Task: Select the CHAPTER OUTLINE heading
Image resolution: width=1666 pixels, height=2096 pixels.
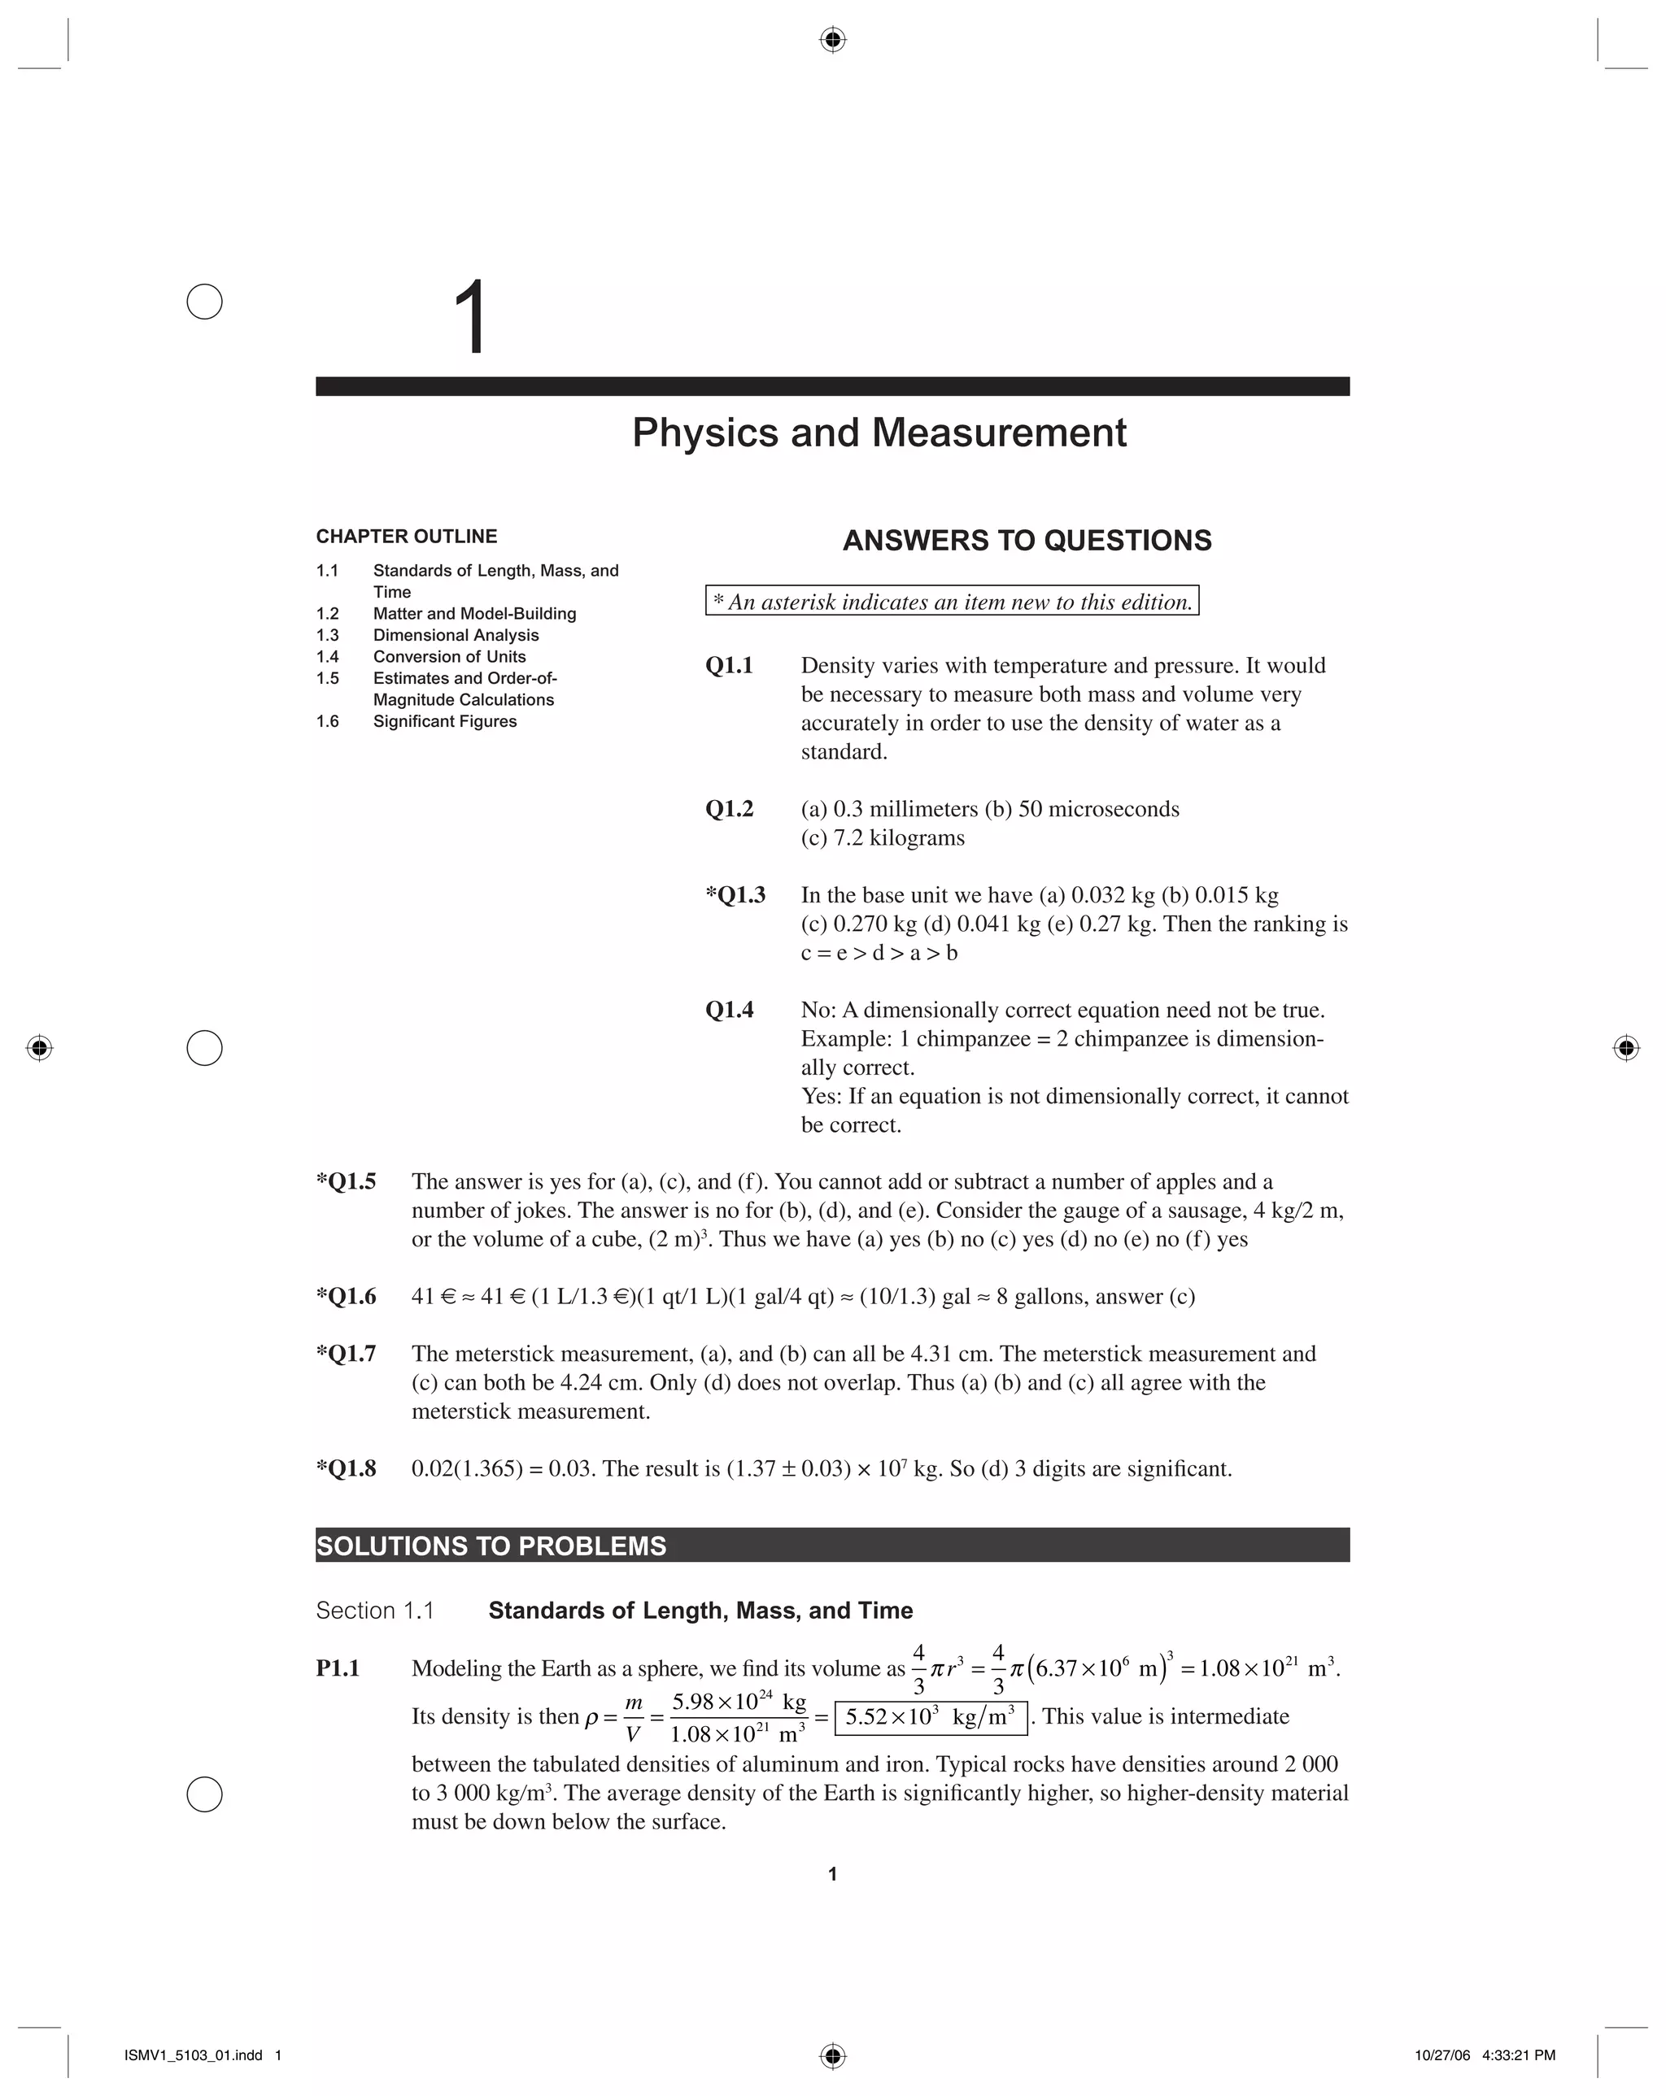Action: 407,537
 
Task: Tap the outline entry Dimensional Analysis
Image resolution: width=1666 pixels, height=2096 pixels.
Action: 456,635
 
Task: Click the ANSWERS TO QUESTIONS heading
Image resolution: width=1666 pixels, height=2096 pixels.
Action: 1027,541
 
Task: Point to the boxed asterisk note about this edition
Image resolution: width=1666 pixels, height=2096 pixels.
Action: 952,602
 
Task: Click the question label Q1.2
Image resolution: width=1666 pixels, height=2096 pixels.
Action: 730,809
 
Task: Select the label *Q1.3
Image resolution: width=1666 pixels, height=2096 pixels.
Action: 735,894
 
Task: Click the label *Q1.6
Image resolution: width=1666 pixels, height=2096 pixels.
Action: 347,1296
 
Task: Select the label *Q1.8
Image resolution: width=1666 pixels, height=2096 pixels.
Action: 347,1468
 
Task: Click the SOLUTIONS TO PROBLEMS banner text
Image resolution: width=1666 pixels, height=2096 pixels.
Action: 492,1546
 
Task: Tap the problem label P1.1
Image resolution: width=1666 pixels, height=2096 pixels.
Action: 338,1668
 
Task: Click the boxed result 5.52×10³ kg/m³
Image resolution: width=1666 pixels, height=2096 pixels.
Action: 931,1717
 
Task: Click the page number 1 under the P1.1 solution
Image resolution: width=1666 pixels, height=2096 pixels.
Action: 832,1874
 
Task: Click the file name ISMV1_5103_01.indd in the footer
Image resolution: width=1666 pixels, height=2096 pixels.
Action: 194,2055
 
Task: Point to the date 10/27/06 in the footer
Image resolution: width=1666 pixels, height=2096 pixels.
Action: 1443,2055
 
